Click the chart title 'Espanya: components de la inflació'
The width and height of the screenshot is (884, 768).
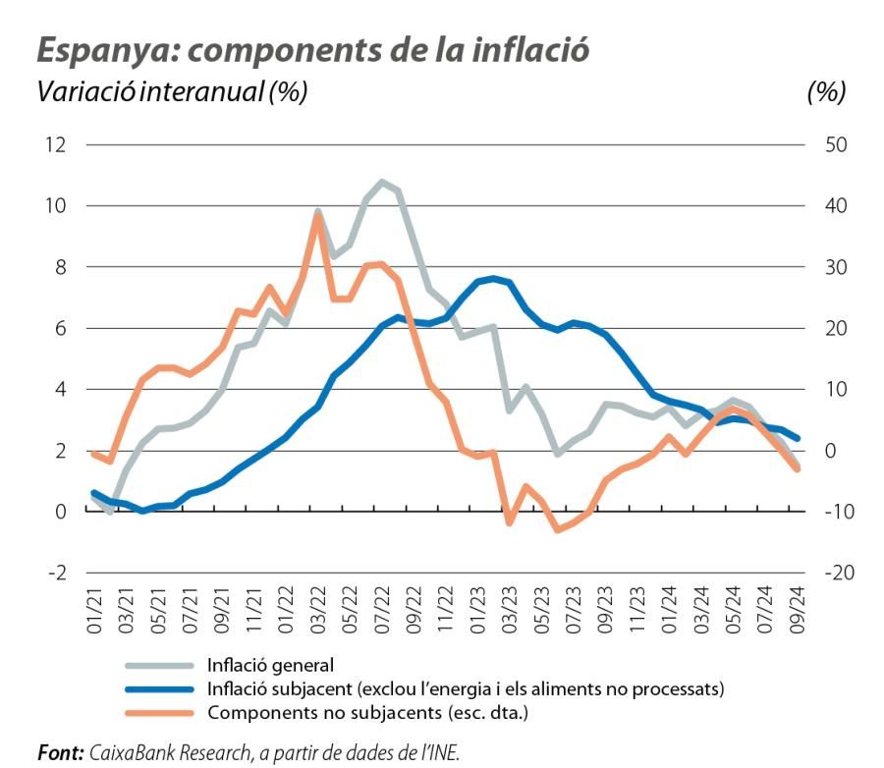click(x=313, y=50)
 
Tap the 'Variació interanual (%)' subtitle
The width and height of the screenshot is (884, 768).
click(x=172, y=92)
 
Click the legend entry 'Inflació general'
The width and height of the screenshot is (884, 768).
click(x=271, y=665)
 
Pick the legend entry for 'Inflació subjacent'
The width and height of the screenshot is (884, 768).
click(x=465, y=688)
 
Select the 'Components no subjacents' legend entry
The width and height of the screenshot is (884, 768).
click(x=367, y=712)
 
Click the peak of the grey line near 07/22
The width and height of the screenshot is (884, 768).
click(x=382, y=182)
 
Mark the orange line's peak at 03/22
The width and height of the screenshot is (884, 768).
click(x=318, y=215)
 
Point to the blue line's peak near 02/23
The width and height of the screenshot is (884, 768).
click(x=494, y=279)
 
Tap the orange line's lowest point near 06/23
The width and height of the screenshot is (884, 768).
click(x=558, y=529)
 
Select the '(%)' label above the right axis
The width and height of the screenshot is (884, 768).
click(x=826, y=92)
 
